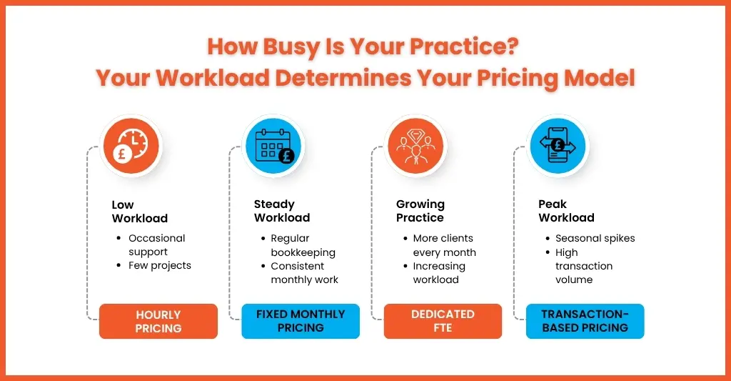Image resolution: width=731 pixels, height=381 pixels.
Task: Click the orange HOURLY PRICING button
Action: coord(158,321)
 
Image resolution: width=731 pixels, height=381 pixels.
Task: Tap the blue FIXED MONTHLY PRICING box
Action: coord(301,321)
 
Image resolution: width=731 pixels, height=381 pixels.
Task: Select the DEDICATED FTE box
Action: coord(443,321)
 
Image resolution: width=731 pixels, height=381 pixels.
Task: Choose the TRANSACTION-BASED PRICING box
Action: coord(585,321)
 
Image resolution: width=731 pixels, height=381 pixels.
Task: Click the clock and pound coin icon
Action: coord(131,146)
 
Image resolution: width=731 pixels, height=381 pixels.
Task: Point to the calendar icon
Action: coord(273,146)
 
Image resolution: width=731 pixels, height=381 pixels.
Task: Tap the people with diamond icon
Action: coord(415,146)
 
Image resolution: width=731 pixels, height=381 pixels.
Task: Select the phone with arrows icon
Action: coord(558,146)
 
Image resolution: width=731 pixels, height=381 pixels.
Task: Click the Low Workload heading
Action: coord(140,212)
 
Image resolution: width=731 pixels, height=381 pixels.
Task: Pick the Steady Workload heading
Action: coord(282,211)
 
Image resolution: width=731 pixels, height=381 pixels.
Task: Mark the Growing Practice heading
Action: coord(420,211)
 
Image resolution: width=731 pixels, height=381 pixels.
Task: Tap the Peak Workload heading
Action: coord(566,211)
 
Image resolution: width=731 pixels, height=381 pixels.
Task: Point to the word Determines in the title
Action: coord(343,77)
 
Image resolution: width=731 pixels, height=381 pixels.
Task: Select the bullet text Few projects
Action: coord(160,266)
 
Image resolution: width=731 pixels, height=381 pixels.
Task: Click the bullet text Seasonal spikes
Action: coord(595,239)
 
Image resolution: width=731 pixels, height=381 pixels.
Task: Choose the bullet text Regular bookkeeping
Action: coord(303,246)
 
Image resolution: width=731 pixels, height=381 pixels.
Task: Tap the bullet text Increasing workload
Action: coord(439,273)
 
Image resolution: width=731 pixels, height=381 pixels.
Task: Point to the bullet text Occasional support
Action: coord(156,245)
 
